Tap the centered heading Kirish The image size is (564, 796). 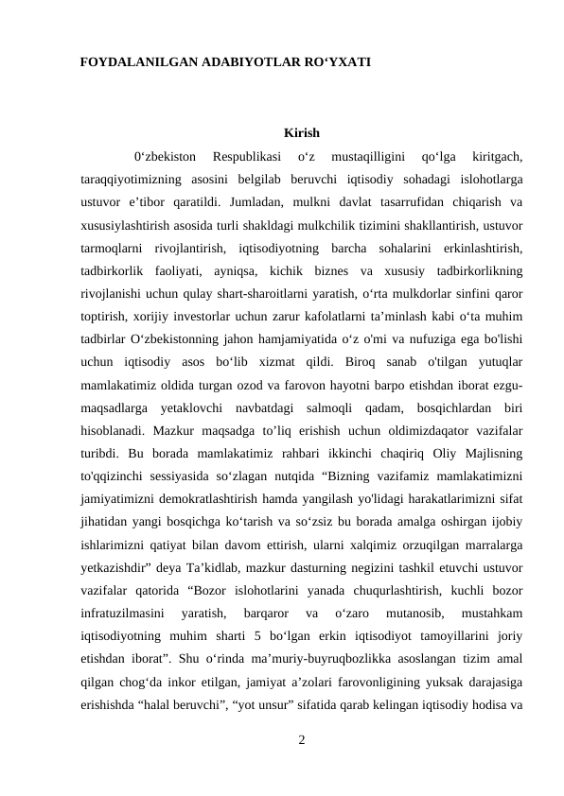300,132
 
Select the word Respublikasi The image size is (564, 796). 247,155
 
